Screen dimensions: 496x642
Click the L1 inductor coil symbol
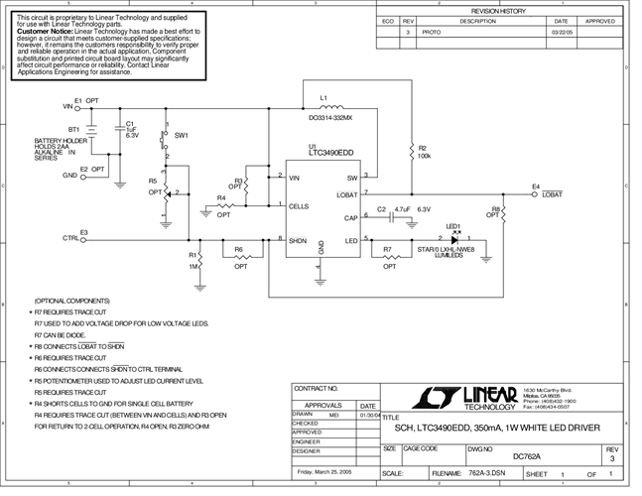coord(330,107)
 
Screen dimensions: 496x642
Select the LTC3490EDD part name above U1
coord(332,154)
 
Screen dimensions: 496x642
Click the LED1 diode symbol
coord(453,238)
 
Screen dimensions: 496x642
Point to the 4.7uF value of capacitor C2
coord(402,209)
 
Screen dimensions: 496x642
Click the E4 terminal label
coord(535,186)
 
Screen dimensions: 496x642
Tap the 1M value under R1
coord(194,266)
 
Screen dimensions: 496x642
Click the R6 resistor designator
coord(239,250)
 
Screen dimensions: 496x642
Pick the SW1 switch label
coord(182,134)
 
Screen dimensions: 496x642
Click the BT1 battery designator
coord(73,129)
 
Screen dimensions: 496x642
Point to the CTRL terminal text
coord(71,238)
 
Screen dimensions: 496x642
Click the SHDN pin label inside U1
coord(298,239)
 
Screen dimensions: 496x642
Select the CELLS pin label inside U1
coord(299,206)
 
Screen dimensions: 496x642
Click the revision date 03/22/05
coord(561,33)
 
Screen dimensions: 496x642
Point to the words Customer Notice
coord(40,31)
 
